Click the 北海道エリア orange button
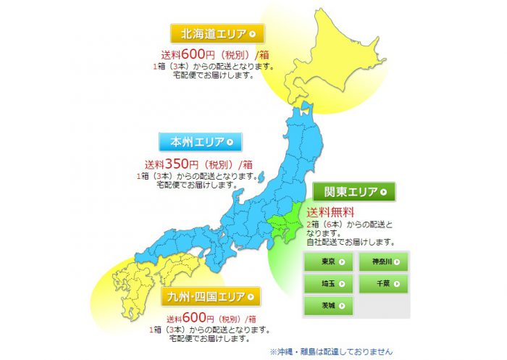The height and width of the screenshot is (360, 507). (216, 33)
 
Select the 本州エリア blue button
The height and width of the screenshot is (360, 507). (201, 142)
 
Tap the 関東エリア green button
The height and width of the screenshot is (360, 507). (354, 192)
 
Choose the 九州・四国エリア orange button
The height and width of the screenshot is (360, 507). (211, 296)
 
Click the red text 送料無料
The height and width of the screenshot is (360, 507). (330, 212)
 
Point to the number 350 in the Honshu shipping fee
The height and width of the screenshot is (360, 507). (176, 163)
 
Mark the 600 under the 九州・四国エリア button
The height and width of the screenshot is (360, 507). (195, 318)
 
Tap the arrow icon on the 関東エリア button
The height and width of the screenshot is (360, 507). (384, 192)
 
